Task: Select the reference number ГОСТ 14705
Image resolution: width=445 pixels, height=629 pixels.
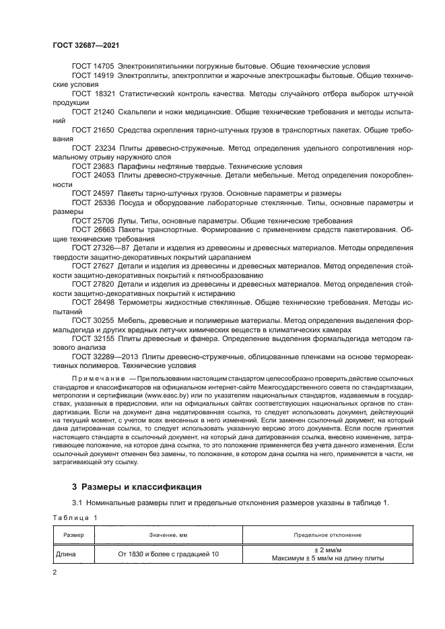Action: pos(94,67)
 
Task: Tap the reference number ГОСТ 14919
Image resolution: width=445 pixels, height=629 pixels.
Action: pos(94,77)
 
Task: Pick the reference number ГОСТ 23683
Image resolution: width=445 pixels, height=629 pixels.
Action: pos(94,165)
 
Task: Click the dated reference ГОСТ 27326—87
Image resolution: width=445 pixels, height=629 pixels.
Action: pos(100,248)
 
